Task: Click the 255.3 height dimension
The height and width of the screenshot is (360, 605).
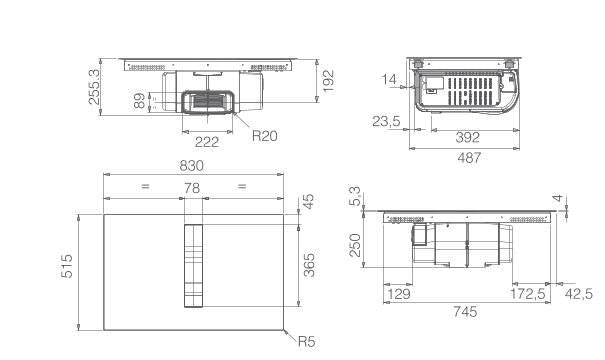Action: click(x=95, y=87)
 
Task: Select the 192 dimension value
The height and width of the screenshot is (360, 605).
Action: click(x=328, y=81)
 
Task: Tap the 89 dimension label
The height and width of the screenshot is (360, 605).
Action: click(x=139, y=101)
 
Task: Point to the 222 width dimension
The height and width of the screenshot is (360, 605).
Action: click(x=207, y=142)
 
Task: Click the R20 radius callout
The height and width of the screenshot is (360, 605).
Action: click(x=265, y=136)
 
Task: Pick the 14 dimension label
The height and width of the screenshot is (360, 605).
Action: click(x=389, y=79)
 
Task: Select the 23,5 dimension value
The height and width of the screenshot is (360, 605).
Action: click(x=386, y=121)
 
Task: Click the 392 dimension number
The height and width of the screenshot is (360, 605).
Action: click(x=468, y=137)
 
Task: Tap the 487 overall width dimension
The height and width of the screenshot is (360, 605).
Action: click(x=469, y=157)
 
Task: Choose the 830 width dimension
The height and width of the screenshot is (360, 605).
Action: click(x=191, y=166)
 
